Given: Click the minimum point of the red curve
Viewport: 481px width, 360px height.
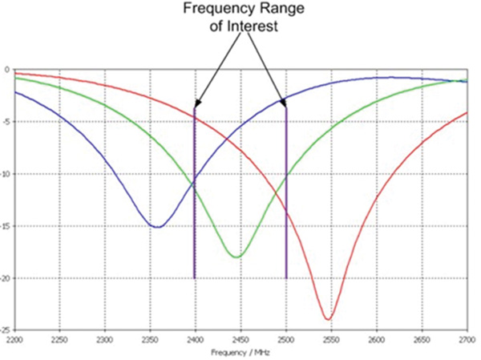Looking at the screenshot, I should pyautogui.click(x=328, y=319).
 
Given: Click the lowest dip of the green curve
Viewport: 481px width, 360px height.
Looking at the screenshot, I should pyautogui.click(x=236, y=257).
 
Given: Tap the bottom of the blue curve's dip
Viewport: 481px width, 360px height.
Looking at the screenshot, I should pyautogui.click(x=158, y=227).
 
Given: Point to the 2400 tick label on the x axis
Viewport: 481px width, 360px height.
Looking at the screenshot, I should pyautogui.click(x=195, y=341).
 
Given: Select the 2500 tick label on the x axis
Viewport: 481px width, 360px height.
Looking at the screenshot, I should pyautogui.click(x=286, y=341).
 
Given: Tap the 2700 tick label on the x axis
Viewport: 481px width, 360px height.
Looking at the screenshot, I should pyautogui.click(x=467, y=341).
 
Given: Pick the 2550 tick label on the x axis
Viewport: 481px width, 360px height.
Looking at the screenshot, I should pyautogui.click(x=332, y=341).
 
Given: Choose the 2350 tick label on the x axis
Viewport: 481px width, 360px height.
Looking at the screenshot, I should pyautogui.click(x=149, y=341).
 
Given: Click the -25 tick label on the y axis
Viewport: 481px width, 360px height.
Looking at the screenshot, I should pyautogui.click(x=6, y=330).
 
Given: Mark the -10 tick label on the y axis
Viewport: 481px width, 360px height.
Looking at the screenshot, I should pyautogui.click(x=6, y=174).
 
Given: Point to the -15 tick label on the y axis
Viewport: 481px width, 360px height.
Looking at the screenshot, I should pyautogui.click(x=6, y=226).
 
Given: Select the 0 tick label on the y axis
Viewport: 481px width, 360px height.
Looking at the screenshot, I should pyautogui.click(x=7, y=70).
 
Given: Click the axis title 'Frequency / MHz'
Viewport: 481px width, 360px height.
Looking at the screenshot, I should pyautogui.click(x=240, y=352).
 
